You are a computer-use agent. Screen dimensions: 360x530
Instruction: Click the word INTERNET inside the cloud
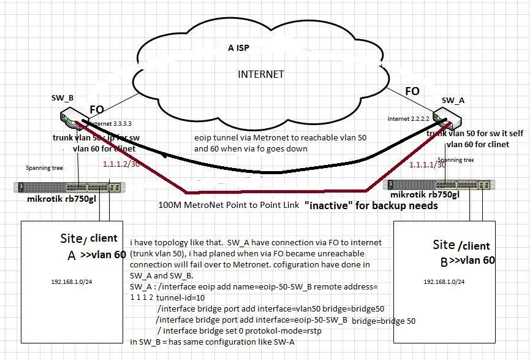pyautogui.click(x=261, y=75)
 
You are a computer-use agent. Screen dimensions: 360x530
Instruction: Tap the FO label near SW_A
pyautogui.click(x=412, y=91)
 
